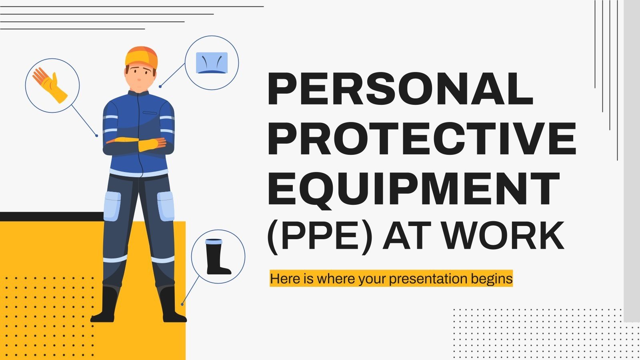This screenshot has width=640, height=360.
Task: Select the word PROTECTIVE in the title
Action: pyautogui.click(x=422, y=139)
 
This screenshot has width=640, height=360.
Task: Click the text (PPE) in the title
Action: pyautogui.click(x=319, y=236)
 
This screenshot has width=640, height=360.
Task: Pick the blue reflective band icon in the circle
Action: pyautogui.click(x=212, y=63)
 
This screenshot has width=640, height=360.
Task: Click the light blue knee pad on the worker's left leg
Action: pyautogui.click(x=166, y=206)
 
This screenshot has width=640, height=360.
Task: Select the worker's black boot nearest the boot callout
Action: pyautogui.click(x=171, y=305)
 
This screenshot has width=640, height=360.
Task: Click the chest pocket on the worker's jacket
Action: pyautogui.click(x=150, y=113)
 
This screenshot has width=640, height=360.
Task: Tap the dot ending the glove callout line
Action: pyautogui.click(x=97, y=136)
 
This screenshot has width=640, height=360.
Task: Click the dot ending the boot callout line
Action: pyautogui.click(x=182, y=304)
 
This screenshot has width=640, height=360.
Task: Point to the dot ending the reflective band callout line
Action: pyautogui.click(x=160, y=86)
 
